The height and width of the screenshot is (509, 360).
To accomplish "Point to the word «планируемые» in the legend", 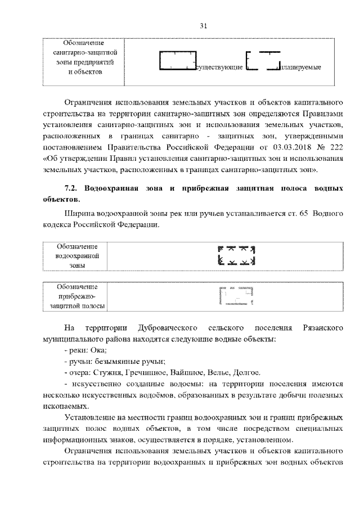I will click(300, 68).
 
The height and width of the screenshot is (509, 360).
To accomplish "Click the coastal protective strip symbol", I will click(237, 295).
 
